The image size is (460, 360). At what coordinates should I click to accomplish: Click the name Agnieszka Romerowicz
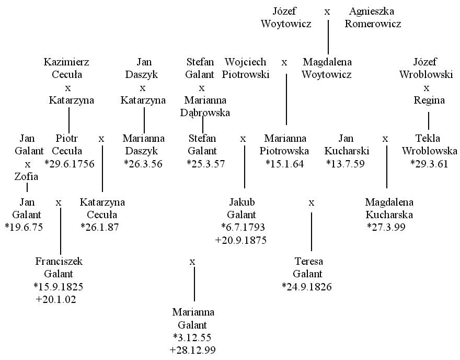(x=373, y=17)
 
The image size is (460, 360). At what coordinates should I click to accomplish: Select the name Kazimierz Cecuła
(x=66, y=68)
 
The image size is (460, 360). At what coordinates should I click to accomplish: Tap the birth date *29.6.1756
(x=70, y=164)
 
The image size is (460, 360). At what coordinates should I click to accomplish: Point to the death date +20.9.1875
(x=241, y=240)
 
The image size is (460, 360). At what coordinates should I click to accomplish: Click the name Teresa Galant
(x=308, y=267)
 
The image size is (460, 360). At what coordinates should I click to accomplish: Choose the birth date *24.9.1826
(x=306, y=287)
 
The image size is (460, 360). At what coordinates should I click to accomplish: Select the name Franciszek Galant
(x=59, y=267)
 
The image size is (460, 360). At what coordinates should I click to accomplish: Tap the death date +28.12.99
(x=192, y=350)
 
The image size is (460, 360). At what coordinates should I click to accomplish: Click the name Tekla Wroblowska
(x=429, y=144)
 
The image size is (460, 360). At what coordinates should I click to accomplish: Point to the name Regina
(x=429, y=100)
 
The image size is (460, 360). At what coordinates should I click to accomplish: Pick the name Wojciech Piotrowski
(x=246, y=68)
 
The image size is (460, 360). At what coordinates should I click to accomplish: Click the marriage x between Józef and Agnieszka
(x=327, y=12)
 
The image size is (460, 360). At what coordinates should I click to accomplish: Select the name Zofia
(x=27, y=176)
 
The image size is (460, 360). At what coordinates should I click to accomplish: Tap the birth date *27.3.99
(x=386, y=227)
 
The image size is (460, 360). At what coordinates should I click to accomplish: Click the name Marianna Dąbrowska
(x=205, y=106)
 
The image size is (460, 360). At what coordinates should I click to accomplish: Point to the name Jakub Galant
(x=241, y=208)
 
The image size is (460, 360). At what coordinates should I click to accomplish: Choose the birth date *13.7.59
(x=346, y=164)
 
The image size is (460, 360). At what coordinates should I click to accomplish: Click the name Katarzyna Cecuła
(x=102, y=208)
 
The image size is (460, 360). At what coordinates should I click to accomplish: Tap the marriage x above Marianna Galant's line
(x=192, y=262)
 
